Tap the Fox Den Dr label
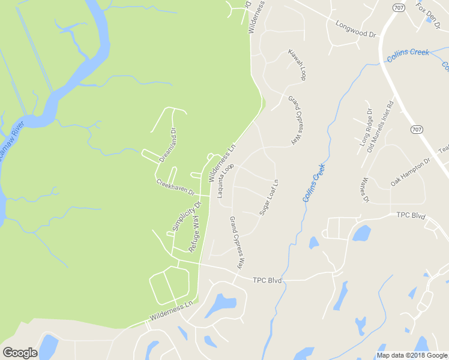click(x=429, y=13)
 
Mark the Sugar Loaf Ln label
click(x=270, y=197)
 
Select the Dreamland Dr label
click(x=167, y=145)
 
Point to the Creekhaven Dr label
click(x=176, y=187)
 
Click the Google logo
click(x=20, y=353)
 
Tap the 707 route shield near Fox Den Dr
click(x=399, y=7)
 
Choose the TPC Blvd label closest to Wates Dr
click(x=411, y=215)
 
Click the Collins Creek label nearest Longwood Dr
click(x=408, y=54)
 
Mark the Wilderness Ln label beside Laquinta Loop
click(x=221, y=163)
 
